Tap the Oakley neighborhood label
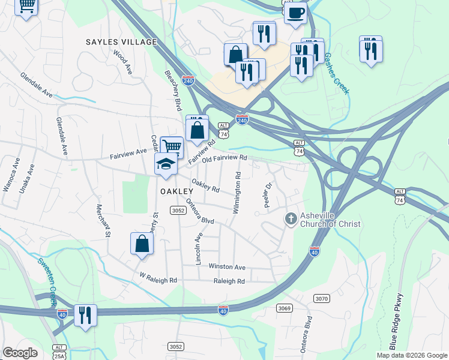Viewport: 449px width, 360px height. click(x=175, y=191)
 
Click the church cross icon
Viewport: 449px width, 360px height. click(x=291, y=218)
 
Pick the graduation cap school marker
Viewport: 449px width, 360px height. click(x=166, y=163)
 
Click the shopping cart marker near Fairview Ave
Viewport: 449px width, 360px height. click(x=172, y=145)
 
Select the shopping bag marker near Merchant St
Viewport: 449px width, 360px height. click(x=142, y=243)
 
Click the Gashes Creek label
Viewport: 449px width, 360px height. click(x=336, y=73)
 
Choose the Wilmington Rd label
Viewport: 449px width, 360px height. click(x=237, y=193)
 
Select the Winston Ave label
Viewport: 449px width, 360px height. click(x=227, y=266)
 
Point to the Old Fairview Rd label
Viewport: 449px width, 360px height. click(x=224, y=158)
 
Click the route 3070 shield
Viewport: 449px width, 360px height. click(x=322, y=298)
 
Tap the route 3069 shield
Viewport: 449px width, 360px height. click(x=285, y=308)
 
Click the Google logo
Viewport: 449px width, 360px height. click(x=20, y=353)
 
